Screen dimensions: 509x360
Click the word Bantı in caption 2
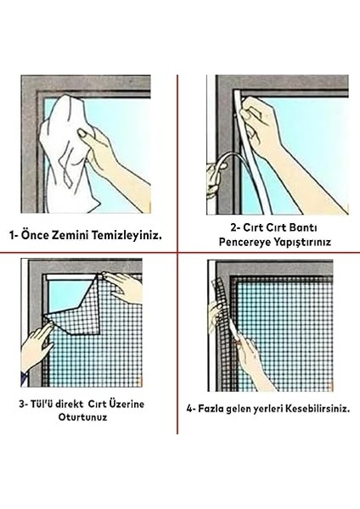(x=305, y=227)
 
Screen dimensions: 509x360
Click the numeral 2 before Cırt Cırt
(x=233, y=227)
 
